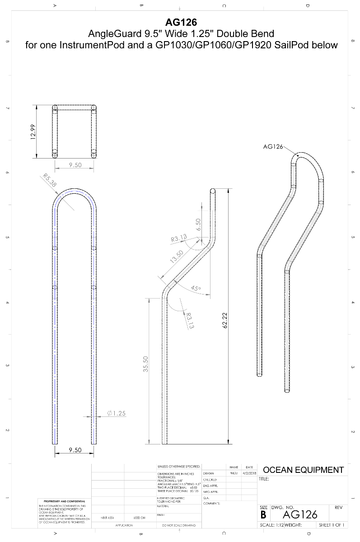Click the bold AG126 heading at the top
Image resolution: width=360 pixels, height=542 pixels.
click(x=181, y=22)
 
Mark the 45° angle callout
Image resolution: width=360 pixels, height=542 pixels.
click(x=196, y=288)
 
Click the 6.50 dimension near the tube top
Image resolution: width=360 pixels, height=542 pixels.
click(x=197, y=224)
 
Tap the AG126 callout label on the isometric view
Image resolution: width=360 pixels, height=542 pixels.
click(x=273, y=146)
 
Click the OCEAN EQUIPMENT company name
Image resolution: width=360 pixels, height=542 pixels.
click(x=303, y=470)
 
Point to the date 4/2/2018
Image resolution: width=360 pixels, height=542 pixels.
click(x=249, y=473)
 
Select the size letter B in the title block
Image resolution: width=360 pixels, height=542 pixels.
click(x=264, y=515)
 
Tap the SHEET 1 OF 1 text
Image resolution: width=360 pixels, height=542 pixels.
click(x=332, y=525)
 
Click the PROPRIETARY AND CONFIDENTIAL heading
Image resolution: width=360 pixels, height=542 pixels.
click(x=64, y=501)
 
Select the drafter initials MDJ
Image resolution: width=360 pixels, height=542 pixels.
click(x=234, y=473)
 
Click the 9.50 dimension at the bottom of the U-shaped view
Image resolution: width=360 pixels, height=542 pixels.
click(x=75, y=450)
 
